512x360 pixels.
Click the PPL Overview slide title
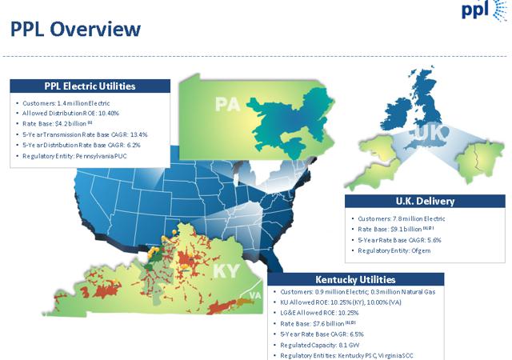tap(75, 30)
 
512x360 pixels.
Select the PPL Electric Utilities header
tap(90, 86)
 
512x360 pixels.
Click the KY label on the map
tap(226, 270)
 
